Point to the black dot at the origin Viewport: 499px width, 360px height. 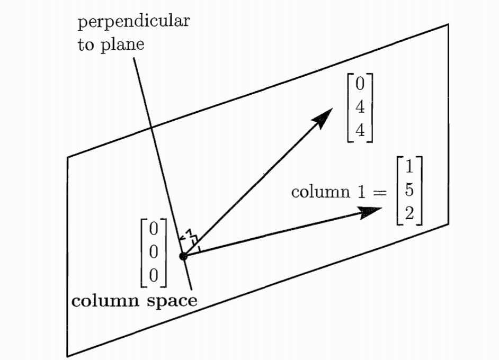click(x=183, y=256)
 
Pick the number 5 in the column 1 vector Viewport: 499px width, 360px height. click(x=408, y=191)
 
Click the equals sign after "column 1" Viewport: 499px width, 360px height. click(x=376, y=192)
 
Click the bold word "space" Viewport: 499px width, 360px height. click(x=171, y=301)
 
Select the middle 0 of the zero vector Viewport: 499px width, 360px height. click(x=154, y=252)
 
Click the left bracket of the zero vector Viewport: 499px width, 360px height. click(x=141, y=252)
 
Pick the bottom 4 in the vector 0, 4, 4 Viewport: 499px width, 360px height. click(x=360, y=130)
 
